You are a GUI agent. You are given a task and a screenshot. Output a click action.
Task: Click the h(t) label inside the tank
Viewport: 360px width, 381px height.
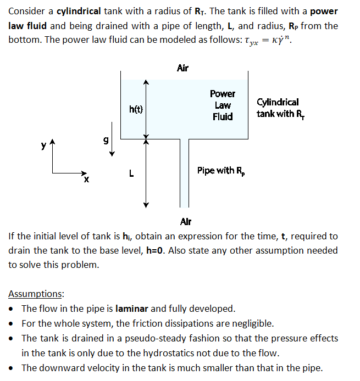[136, 109]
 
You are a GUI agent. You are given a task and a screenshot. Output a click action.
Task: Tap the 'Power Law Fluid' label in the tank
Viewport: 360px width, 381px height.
[223, 105]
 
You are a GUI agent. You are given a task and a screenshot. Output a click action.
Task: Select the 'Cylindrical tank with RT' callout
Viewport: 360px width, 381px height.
[279, 108]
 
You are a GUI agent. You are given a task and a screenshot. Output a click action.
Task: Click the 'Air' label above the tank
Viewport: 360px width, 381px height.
[182, 68]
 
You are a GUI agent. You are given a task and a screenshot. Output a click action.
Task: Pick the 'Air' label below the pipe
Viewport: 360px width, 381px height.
[186, 222]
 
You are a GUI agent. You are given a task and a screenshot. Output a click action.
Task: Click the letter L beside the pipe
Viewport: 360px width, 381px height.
[131, 173]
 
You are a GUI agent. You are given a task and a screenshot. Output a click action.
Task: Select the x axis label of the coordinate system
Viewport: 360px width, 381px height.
[86, 180]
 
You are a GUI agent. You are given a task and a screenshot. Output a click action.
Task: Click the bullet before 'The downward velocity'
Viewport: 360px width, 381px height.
[13, 368]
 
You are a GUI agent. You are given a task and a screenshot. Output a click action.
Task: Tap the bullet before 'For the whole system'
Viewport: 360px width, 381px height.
[13, 323]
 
